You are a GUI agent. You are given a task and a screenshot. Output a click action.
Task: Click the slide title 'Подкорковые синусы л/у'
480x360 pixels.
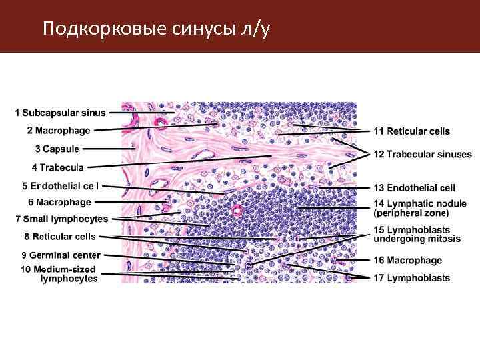155,29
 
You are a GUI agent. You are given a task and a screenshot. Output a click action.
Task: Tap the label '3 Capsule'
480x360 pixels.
57,149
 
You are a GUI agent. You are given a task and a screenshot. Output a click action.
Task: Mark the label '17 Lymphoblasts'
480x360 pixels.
411,278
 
